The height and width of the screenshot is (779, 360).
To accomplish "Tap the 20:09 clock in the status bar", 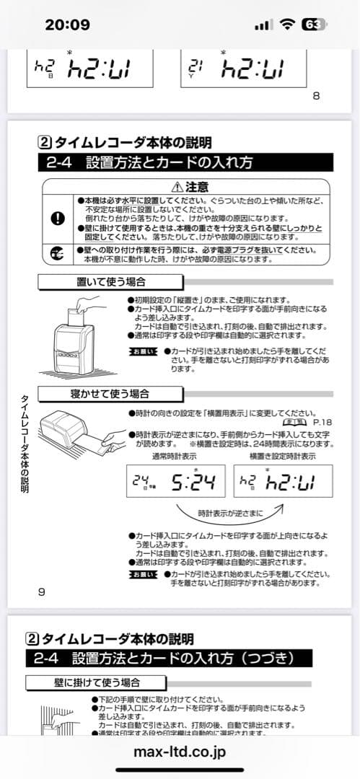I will (x=67, y=25).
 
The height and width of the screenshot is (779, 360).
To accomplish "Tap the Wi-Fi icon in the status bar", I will (x=288, y=25).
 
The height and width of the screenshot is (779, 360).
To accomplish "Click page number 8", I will (x=316, y=97).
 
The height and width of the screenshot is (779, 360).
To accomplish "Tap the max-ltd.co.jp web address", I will (x=180, y=752).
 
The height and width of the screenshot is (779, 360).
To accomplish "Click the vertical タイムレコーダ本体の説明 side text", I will (x=24, y=443).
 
